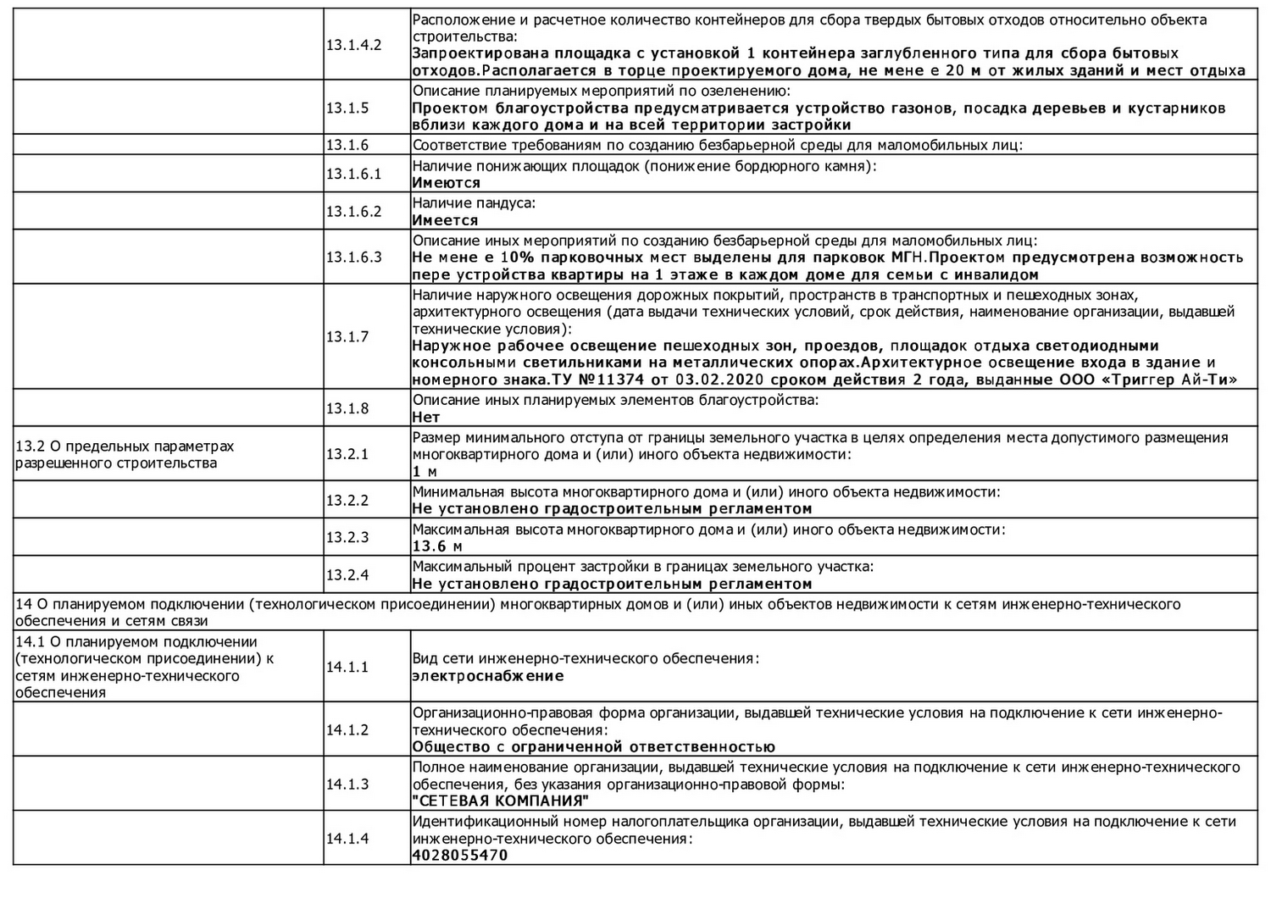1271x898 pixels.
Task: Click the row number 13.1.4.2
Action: coord(353,45)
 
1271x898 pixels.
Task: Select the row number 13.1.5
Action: coord(347,108)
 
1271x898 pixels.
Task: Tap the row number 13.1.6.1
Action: coord(353,174)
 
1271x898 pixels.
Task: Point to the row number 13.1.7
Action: coord(347,336)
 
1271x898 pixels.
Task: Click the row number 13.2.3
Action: coord(347,537)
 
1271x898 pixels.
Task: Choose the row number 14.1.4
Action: coord(347,838)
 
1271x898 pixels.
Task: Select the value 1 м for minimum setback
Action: coord(425,472)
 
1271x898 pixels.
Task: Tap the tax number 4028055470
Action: coord(459,855)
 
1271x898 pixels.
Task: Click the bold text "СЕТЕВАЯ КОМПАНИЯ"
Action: coord(500,801)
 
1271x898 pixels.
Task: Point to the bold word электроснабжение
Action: coord(488,676)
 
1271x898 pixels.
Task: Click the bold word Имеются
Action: coord(446,183)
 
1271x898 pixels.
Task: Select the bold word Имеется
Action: coord(445,220)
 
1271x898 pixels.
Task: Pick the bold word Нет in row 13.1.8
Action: coord(426,417)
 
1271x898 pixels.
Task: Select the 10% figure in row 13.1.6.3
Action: coord(517,258)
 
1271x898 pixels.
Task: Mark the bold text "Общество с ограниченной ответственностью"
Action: coord(593,746)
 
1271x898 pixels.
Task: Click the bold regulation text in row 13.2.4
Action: coord(612,584)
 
